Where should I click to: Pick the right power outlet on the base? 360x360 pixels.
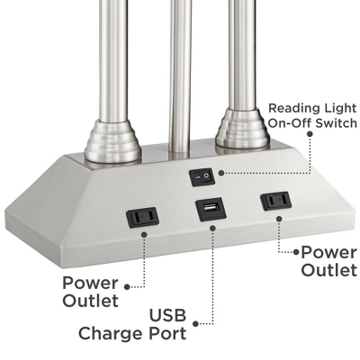tap(274, 202)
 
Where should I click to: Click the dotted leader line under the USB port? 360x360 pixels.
tap(213, 270)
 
